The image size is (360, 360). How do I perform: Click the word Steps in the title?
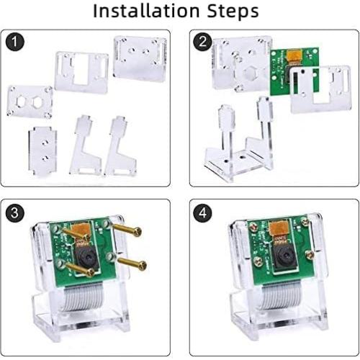click(x=230, y=12)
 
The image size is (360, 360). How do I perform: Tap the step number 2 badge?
click(x=204, y=42)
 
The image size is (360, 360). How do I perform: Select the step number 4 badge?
click(x=204, y=212)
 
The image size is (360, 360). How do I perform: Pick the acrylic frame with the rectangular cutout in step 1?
click(x=81, y=72)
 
